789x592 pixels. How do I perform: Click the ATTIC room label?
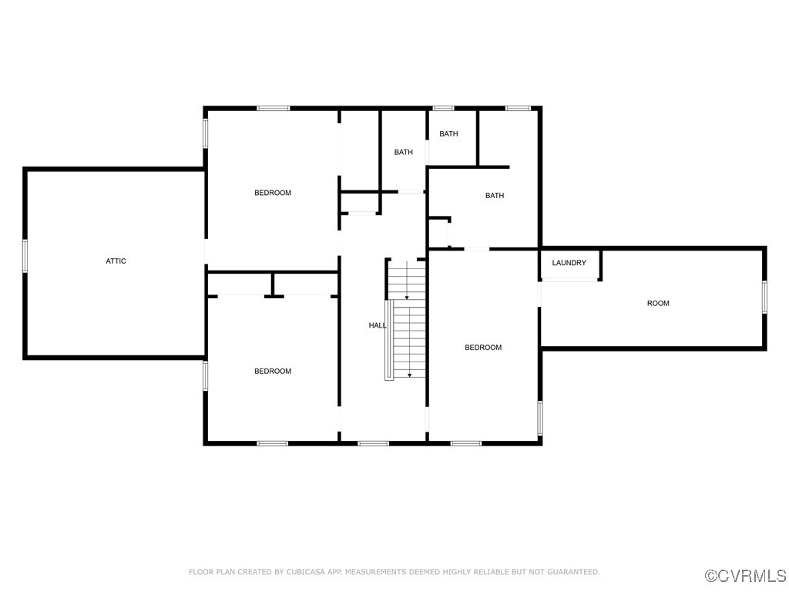click(x=116, y=261)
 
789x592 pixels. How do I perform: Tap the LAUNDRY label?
click(x=569, y=263)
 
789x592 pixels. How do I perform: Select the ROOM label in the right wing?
click(x=658, y=303)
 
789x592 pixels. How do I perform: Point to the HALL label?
click(x=378, y=325)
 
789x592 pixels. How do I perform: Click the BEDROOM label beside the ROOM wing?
click(x=483, y=348)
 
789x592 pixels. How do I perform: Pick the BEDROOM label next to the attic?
click(x=273, y=193)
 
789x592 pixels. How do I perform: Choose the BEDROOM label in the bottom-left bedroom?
click(x=273, y=371)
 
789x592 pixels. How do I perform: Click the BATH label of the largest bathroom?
click(x=495, y=195)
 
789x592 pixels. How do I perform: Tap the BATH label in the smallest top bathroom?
click(x=449, y=133)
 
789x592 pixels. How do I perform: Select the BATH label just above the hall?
click(x=404, y=152)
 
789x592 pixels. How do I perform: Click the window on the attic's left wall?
click(x=25, y=256)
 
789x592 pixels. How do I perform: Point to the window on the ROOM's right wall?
click(x=764, y=297)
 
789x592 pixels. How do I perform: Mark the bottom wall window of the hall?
click(x=374, y=443)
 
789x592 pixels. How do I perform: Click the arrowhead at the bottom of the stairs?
click(x=410, y=375)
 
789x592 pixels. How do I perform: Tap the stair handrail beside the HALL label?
click(x=389, y=340)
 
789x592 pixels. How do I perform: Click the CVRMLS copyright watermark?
click(x=746, y=576)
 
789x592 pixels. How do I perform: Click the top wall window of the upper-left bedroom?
click(x=274, y=108)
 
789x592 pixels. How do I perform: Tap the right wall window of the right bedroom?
click(x=540, y=418)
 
